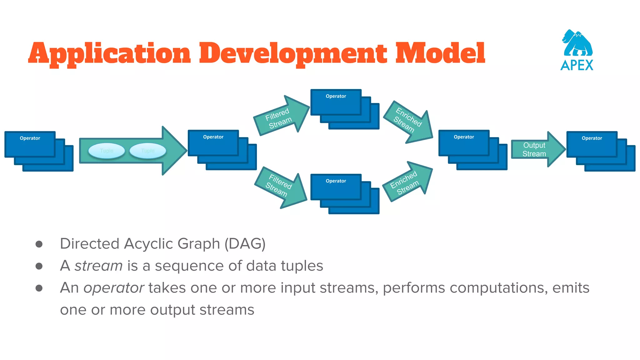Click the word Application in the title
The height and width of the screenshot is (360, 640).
click(109, 54)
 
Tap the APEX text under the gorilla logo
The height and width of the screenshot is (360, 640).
click(577, 65)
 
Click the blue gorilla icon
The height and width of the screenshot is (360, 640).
click(577, 43)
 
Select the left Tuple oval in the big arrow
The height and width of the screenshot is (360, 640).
click(107, 151)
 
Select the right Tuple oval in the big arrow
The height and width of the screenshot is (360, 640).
click(147, 151)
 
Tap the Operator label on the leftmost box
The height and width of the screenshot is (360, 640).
click(30, 138)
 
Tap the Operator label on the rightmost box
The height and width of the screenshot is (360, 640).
click(592, 138)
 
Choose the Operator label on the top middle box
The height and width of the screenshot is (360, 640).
click(336, 96)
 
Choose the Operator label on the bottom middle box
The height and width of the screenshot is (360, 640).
click(336, 181)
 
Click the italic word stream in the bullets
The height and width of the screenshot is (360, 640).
click(98, 266)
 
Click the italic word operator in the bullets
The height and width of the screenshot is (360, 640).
click(114, 288)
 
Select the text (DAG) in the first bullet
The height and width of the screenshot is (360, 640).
click(245, 244)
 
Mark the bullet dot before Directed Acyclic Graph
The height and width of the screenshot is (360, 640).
click(39, 244)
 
